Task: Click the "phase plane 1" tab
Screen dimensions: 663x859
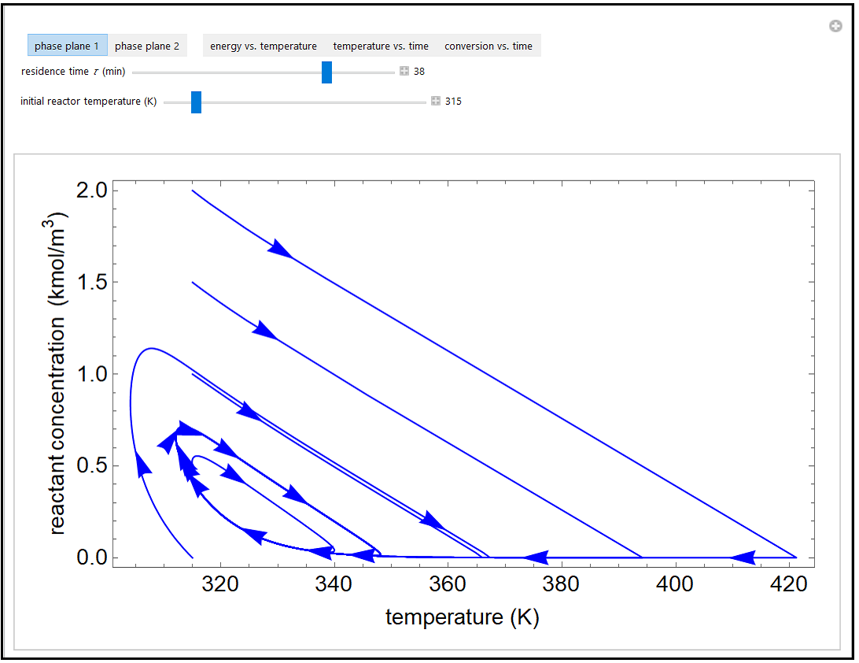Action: pos(67,46)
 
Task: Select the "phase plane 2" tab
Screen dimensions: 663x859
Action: pos(147,46)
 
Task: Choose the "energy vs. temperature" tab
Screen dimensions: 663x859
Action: pos(264,46)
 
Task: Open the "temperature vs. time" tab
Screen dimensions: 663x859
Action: pos(381,46)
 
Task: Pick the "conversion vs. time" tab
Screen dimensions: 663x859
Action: pos(488,46)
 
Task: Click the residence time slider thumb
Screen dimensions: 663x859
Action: pos(326,72)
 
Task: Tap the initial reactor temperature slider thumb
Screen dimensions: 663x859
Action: pos(197,102)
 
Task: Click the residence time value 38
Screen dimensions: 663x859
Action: pos(419,72)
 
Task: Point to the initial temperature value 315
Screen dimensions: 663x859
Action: pos(453,102)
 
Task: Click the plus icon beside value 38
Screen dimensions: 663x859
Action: pos(404,72)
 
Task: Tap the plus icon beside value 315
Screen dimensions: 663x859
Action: pos(436,102)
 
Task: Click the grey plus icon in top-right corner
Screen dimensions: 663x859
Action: pos(835,27)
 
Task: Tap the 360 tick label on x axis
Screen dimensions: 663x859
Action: pos(448,584)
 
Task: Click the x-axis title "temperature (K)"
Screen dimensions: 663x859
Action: pos(462,617)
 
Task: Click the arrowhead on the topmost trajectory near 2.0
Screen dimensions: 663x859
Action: pos(280,249)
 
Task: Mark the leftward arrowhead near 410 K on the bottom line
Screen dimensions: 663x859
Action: pos(742,557)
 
